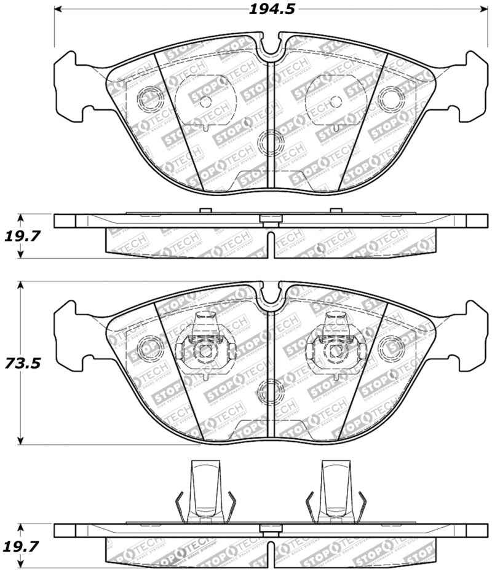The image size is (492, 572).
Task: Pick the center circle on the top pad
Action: coord(269,143)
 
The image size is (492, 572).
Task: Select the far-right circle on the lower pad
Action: coord(390,348)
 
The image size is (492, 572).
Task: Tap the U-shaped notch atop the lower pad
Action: coord(269,296)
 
